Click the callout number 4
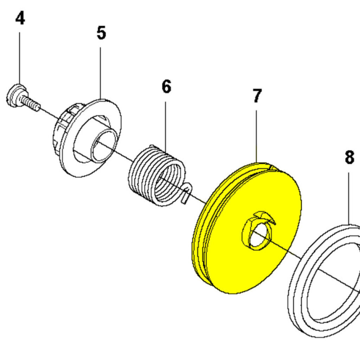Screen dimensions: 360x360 click(20, 18)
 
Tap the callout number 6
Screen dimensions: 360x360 click(166, 86)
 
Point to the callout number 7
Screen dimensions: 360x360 click(257, 96)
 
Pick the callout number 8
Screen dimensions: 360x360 click(349, 158)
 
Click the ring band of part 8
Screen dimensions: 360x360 click(299, 302)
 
